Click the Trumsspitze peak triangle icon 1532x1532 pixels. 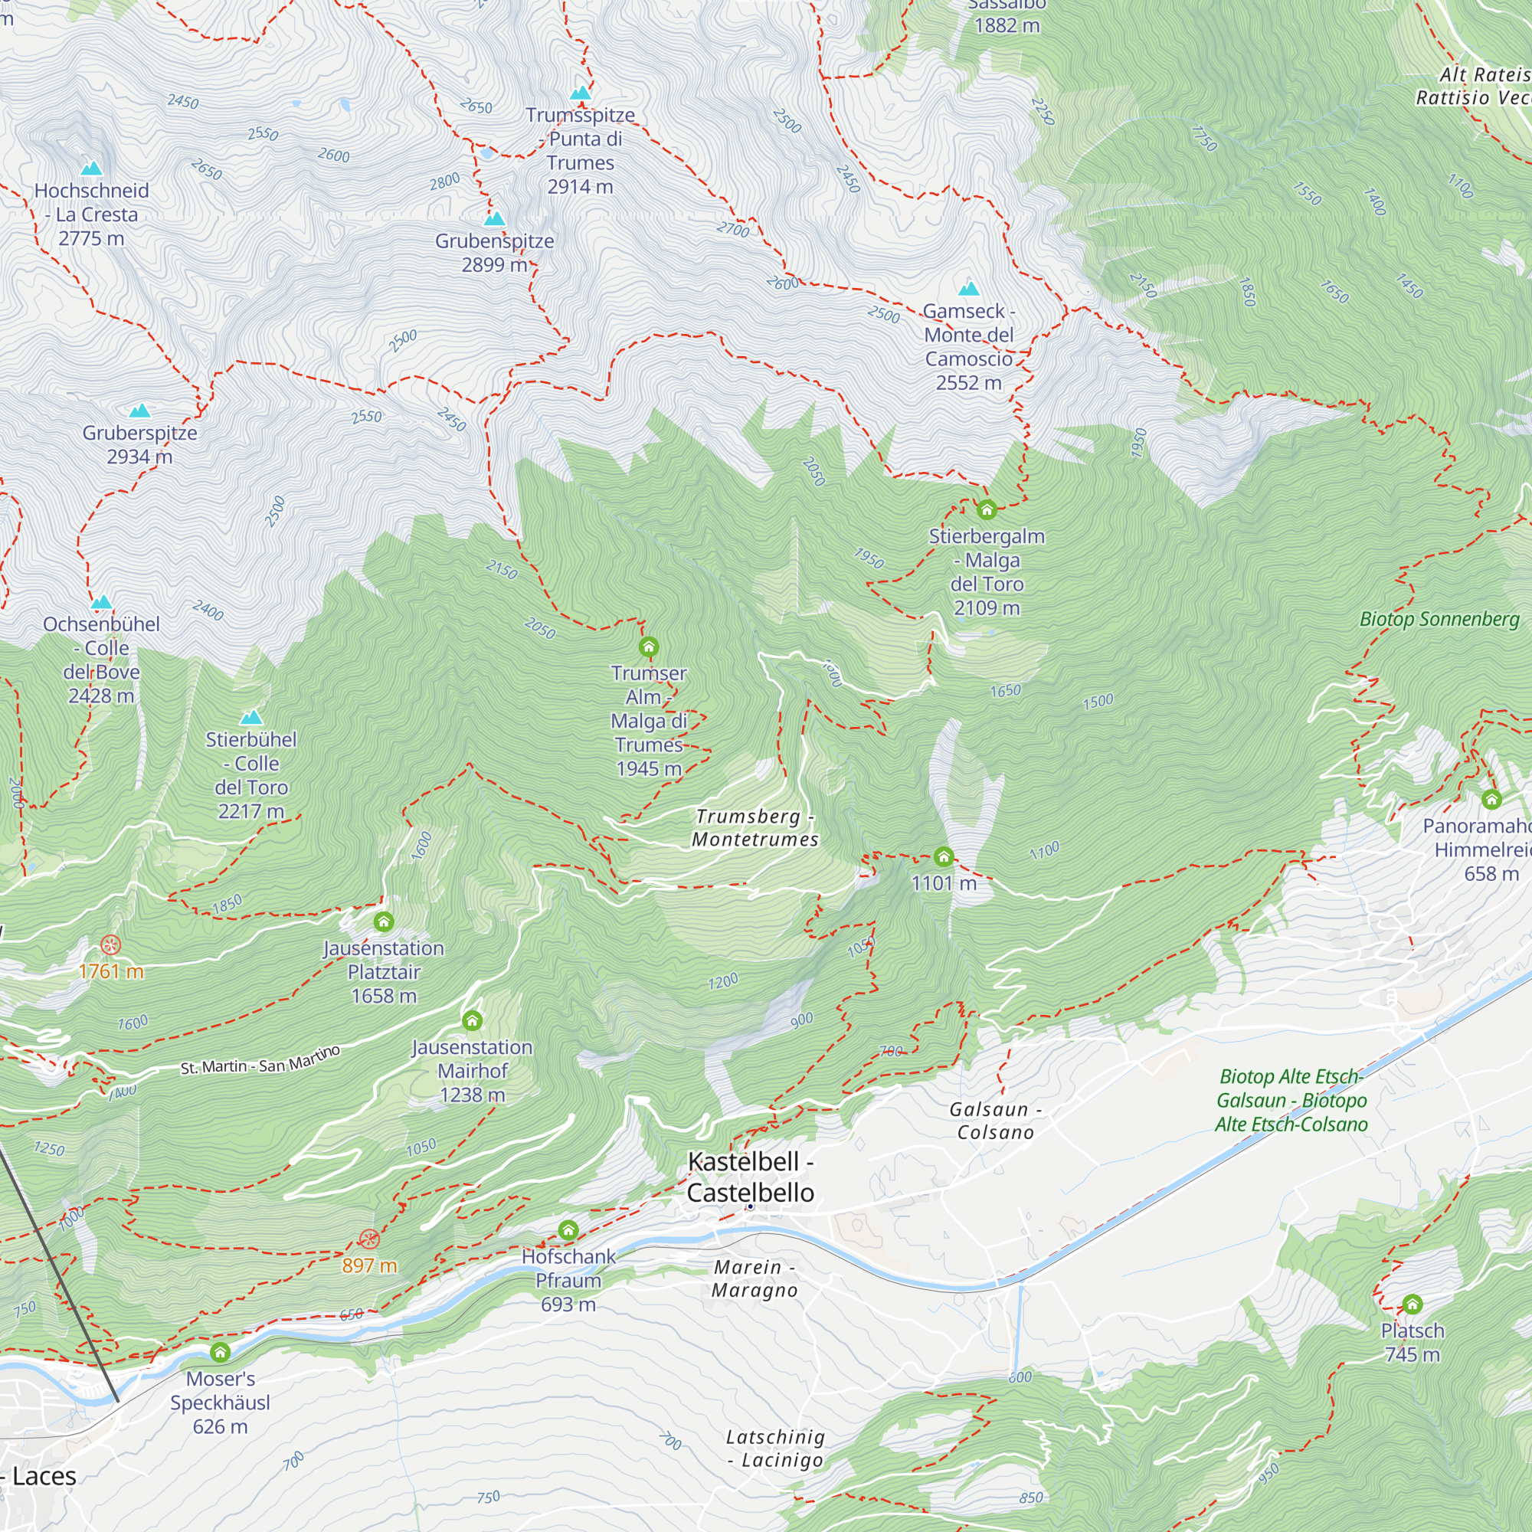pos(581,93)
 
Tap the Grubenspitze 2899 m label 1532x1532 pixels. pos(495,253)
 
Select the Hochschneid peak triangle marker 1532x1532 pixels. pos(92,168)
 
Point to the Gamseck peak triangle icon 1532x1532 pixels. pos(969,289)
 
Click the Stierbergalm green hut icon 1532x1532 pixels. pos(987,509)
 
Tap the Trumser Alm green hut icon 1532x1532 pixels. pos(649,647)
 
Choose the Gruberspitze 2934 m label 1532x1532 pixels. pos(139,445)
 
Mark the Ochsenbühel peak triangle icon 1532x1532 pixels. pos(102,602)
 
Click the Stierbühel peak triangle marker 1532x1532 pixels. pos(251,718)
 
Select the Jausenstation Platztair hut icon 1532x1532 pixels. pos(384,921)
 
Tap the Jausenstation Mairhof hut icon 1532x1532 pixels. pos(473,1020)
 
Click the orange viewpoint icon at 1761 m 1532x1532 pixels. pos(110,945)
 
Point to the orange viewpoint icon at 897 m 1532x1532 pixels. pos(369,1239)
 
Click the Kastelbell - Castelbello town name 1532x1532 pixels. pos(750,1177)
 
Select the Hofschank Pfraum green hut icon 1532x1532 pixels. pos(568,1230)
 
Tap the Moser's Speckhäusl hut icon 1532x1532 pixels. pos(221,1352)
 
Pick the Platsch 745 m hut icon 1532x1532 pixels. pos(1413,1304)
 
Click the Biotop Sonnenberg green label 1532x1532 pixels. pos(1440,619)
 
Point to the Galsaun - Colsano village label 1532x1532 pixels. pos(996,1121)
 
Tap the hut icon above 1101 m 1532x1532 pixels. pos(944,856)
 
